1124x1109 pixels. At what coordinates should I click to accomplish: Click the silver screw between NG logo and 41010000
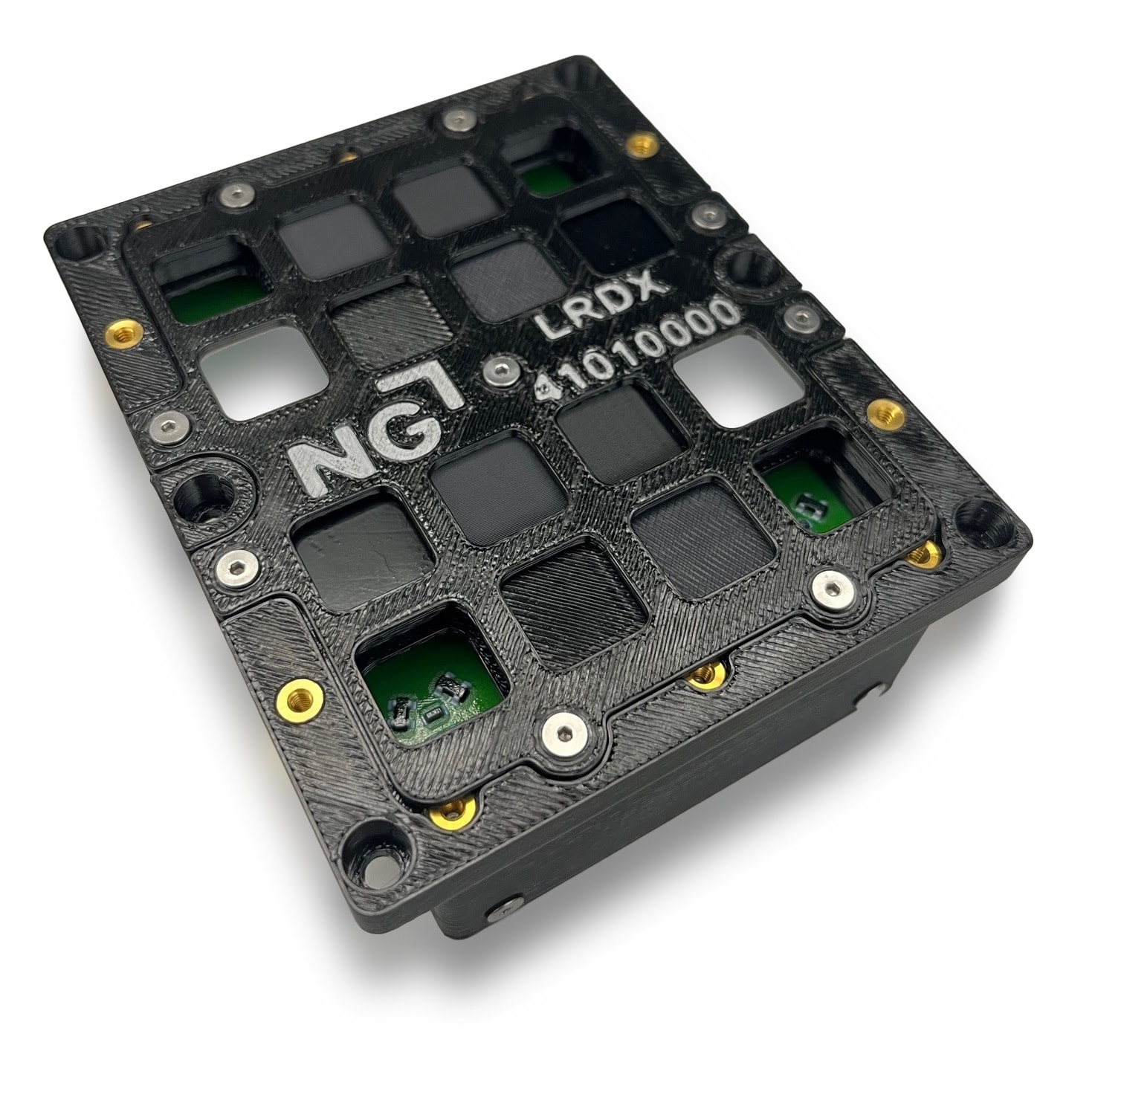click(x=497, y=372)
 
